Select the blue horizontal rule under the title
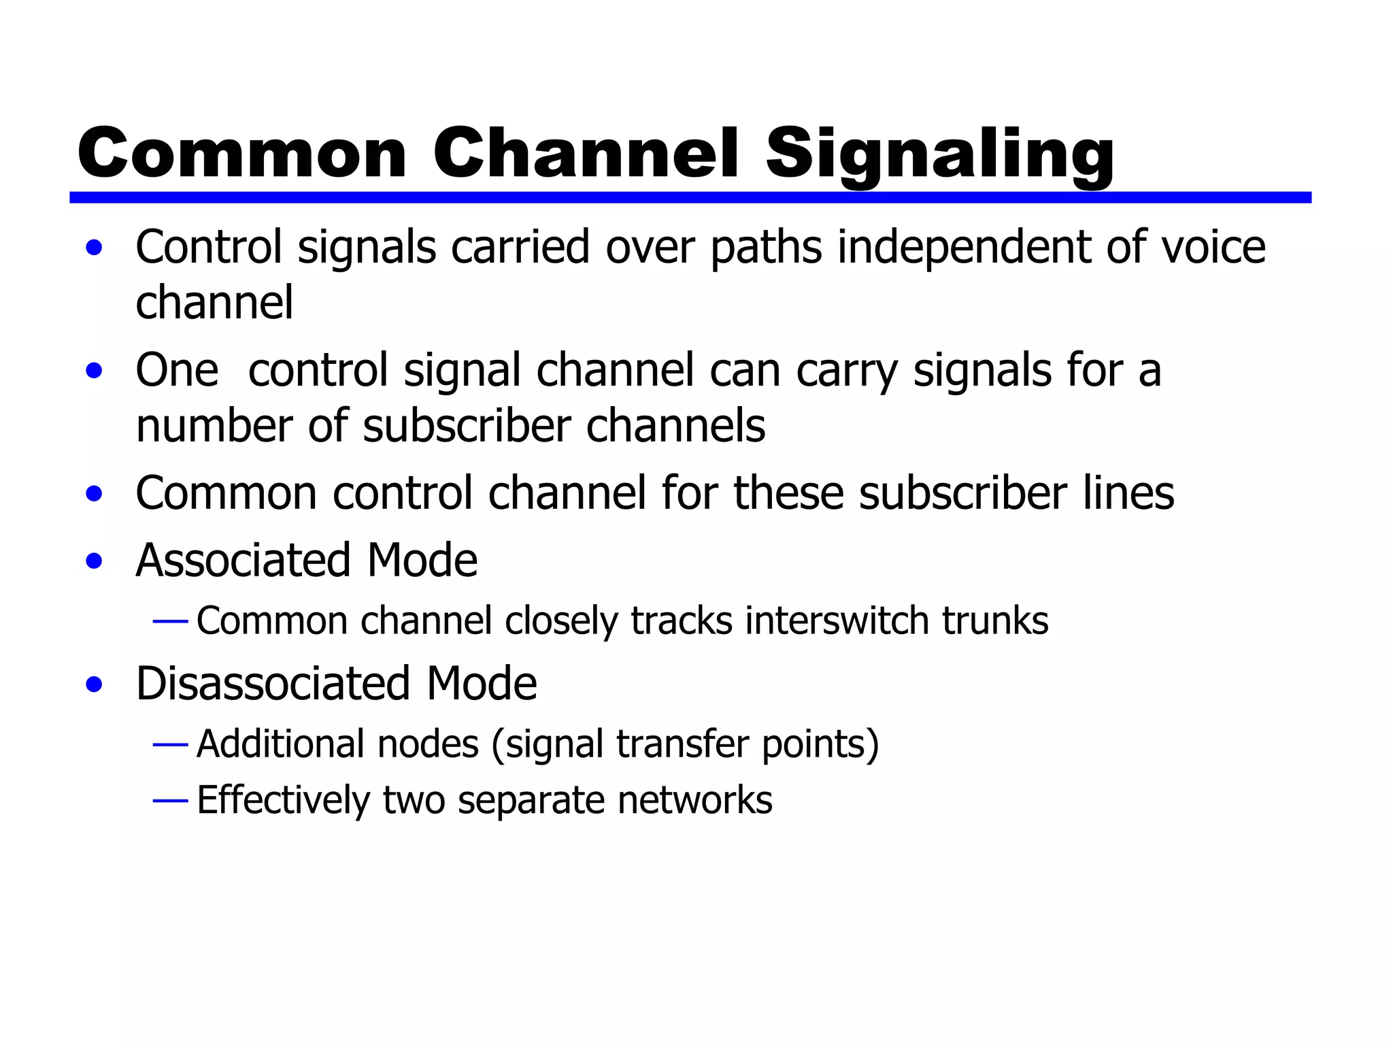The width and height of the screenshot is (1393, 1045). click(x=690, y=197)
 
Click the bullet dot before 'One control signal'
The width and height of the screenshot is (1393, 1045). click(x=95, y=371)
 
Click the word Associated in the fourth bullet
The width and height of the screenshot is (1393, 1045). click(x=244, y=561)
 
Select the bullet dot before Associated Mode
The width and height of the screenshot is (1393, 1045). click(x=95, y=562)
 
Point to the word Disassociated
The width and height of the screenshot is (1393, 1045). click(x=273, y=683)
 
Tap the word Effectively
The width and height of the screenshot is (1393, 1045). click(x=282, y=800)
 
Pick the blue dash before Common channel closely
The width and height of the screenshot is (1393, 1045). click(x=170, y=621)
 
